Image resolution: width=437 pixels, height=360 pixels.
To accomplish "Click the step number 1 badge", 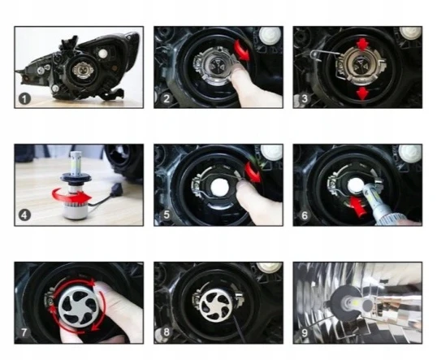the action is coord(24,99).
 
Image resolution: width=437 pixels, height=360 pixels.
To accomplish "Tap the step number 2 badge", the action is coord(167,98).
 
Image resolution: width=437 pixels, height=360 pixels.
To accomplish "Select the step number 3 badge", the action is coord(305,98).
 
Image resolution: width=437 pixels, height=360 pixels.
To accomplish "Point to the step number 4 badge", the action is coord(24,215).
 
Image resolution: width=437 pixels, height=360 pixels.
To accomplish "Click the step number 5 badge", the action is coord(167,215).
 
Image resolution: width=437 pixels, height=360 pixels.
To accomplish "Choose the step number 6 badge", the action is coord(305,215).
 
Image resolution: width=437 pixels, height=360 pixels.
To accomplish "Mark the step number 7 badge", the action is coord(24,332).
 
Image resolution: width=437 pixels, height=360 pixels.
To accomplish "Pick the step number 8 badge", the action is coord(167,332).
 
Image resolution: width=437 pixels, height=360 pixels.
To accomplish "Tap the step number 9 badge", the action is coord(305,332).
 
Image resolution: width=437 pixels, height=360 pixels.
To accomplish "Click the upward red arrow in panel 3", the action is coord(362,44).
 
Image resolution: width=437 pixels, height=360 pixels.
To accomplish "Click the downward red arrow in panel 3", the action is coord(362,93).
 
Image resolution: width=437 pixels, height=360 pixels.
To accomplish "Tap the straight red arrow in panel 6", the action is coord(357,206).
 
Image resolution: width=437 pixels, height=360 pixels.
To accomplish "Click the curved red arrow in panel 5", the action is coord(253,172).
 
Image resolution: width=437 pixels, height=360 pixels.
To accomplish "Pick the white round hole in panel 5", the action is coord(219,187).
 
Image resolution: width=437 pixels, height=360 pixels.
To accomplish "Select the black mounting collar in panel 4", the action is coord(75,177).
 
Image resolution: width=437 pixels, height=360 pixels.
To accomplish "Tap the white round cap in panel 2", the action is coord(270,36).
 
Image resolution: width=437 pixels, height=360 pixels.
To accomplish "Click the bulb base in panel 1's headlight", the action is coord(80,70).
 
